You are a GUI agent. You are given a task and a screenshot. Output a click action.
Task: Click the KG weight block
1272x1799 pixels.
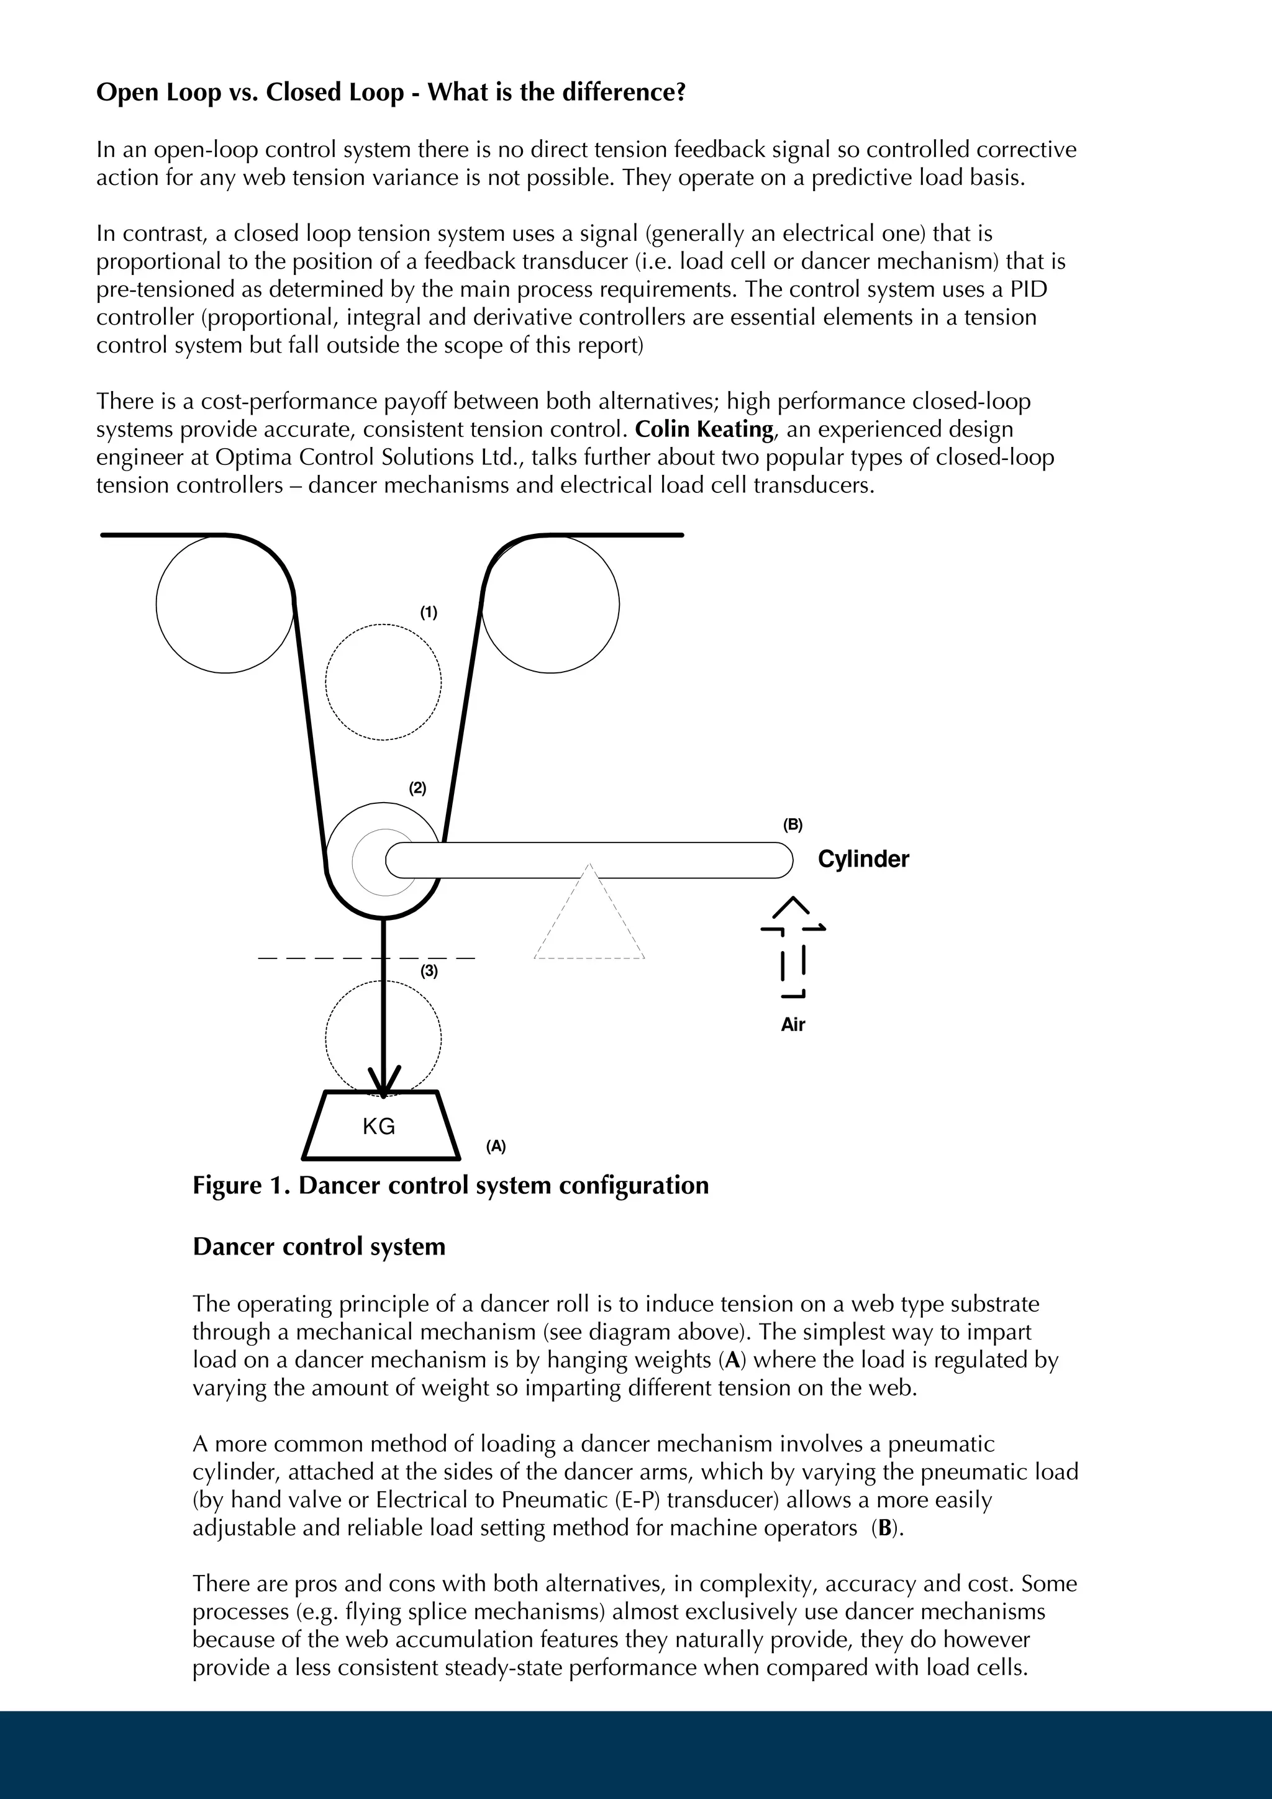coord(381,1126)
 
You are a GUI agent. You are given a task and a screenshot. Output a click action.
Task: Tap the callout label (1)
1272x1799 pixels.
coord(428,613)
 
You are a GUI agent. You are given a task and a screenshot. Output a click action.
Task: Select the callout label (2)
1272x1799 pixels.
coord(418,788)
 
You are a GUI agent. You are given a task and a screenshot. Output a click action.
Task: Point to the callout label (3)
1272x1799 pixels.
coord(429,972)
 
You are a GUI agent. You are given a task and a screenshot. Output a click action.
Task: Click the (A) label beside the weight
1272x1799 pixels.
coord(495,1147)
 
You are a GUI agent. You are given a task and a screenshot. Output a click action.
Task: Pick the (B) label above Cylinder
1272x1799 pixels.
coord(793,824)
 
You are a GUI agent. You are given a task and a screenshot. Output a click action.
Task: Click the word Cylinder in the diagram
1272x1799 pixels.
coord(863,860)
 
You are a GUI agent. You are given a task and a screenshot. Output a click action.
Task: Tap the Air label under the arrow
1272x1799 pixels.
coord(793,1025)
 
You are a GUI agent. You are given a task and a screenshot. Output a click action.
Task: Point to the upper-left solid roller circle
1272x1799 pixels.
coord(225,604)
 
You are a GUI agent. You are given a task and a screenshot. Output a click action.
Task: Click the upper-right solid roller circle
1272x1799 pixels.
coord(550,604)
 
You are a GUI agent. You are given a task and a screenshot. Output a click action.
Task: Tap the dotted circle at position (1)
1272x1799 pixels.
coord(383,682)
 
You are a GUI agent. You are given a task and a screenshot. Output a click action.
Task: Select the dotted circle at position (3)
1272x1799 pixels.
coord(383,1037)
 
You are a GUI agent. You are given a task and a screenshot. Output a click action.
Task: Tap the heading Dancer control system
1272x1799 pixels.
coord(319,1247)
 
